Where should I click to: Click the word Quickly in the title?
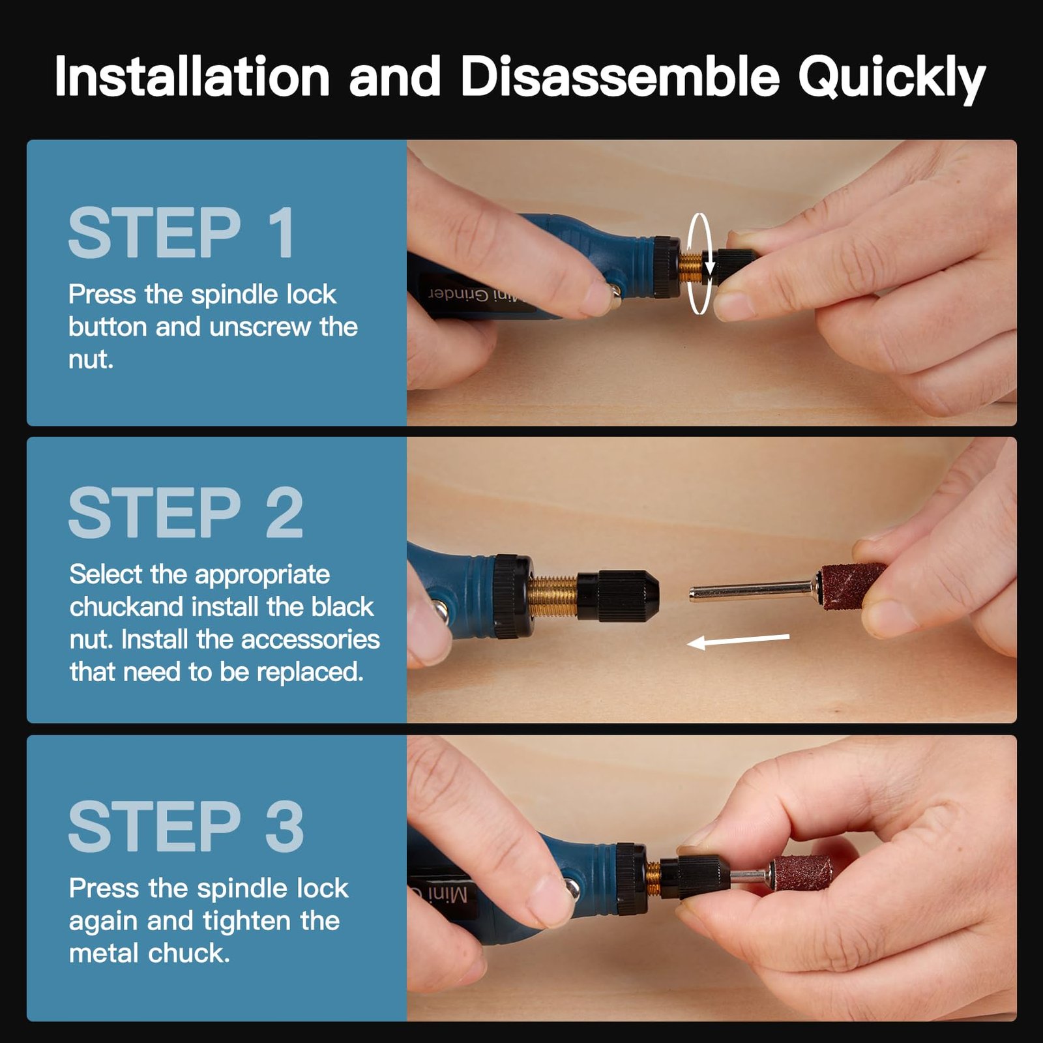tap(891, 78)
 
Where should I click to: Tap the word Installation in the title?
tap(192, 77)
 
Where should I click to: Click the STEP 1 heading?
tap(182, 233)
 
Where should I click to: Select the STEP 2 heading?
tap(186, 513)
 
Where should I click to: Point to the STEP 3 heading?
tap(186, 827)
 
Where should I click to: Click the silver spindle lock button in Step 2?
tap(441, 611)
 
